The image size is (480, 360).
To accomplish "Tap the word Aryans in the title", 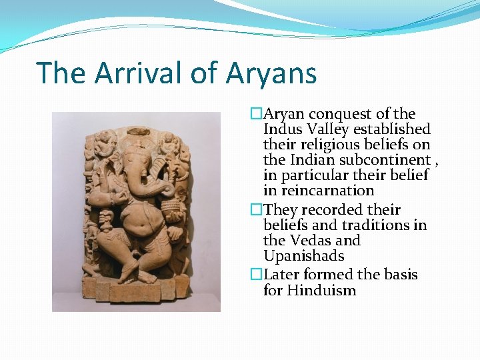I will click(271, 74).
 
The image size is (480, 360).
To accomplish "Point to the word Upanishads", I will click(304, 256).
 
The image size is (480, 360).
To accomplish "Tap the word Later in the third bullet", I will click(282, 275).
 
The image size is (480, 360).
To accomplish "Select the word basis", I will click(399, 275).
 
